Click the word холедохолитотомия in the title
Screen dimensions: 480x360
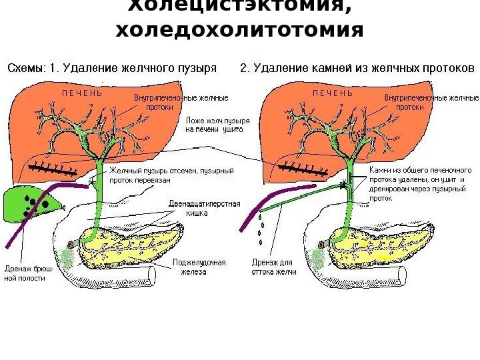(x=239, y=31)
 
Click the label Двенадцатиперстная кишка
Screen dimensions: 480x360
(x=203, y=209)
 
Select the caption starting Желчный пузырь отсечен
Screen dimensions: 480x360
(x=171, y=175)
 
